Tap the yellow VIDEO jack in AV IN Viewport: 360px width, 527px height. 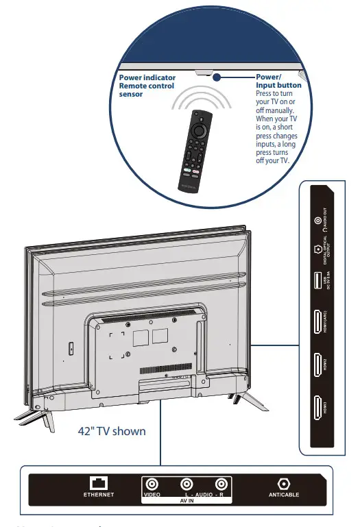tap(152, 483)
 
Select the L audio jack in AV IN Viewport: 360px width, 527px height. tap(187, 483)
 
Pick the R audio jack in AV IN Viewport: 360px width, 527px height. tap(220, 483)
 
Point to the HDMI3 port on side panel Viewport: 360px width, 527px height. tap(317, 411)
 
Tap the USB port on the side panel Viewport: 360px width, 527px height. tap(317, 282)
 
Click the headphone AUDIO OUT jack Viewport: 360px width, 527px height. tap(317, 221)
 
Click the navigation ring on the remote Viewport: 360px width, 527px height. tap(200, 129)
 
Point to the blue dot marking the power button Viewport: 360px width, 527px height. tap(216, 77)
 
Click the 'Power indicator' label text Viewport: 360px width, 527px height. tap(147, 77)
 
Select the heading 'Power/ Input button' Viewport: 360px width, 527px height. tap(278, 81)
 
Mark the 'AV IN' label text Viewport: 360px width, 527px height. tap(186, 501)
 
